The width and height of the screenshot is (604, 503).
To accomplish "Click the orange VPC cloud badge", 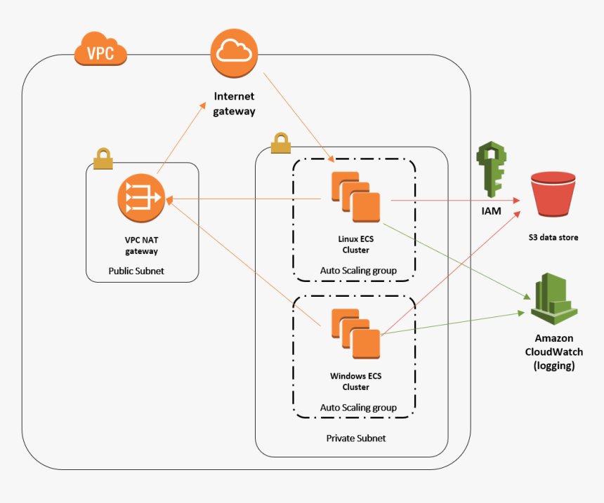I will coord(100,51).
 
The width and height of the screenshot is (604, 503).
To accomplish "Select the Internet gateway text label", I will coord(234,103).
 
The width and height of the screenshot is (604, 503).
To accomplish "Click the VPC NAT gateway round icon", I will coord(141,199).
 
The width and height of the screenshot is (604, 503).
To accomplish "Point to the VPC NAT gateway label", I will coord(141,245).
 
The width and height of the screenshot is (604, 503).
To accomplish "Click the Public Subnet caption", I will coord(136,271).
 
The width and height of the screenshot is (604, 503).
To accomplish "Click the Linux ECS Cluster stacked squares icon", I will coord(355,199).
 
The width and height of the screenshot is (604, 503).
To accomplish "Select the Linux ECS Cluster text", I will coord(355,244).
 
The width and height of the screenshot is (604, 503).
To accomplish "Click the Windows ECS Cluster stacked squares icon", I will coord(355,335).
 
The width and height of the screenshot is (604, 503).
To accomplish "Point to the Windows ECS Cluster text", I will coord(355,381).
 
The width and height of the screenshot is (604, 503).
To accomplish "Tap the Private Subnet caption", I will coord(355,438).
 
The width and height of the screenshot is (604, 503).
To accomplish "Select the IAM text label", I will coord(492,210).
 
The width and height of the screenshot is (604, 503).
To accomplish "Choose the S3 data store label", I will coord(553,238).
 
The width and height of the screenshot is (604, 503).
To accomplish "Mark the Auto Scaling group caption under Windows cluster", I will coord(357,408).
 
